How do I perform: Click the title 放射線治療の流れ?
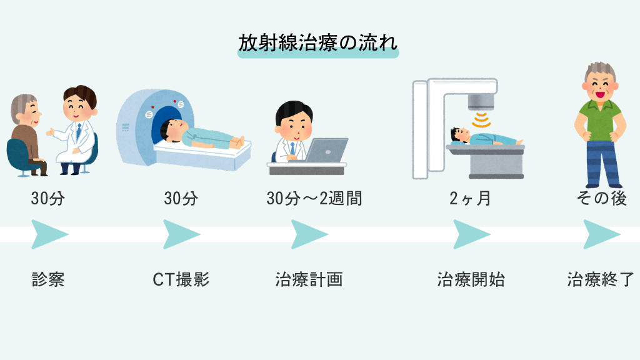coord(318,43)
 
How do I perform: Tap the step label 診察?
coord(48,279)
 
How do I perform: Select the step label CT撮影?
coord(181,279)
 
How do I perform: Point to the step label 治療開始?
coord(471,279)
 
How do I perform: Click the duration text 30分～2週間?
coord(314,199)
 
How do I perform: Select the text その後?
coord(601,199)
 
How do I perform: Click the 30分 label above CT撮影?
coord(181,199)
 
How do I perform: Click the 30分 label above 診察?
coord(48,199)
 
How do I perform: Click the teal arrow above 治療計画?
coord(309,234)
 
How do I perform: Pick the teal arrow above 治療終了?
coord(601,234)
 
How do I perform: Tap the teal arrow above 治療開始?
coord(471,234)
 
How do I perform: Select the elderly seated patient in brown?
coord(28,134)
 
